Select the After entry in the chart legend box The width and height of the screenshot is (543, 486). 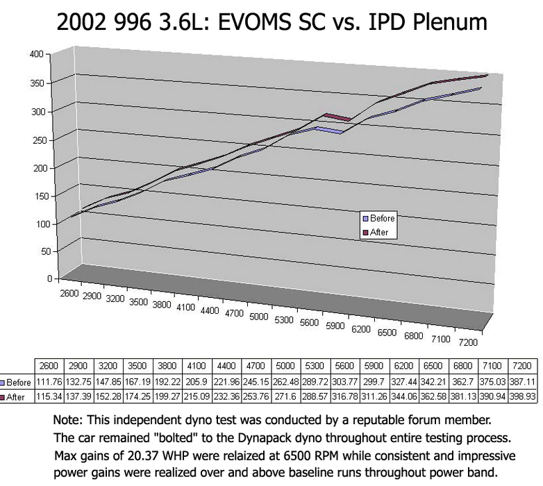379,232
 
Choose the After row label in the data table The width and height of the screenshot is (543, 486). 16,396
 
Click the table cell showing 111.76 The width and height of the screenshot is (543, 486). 48,383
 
